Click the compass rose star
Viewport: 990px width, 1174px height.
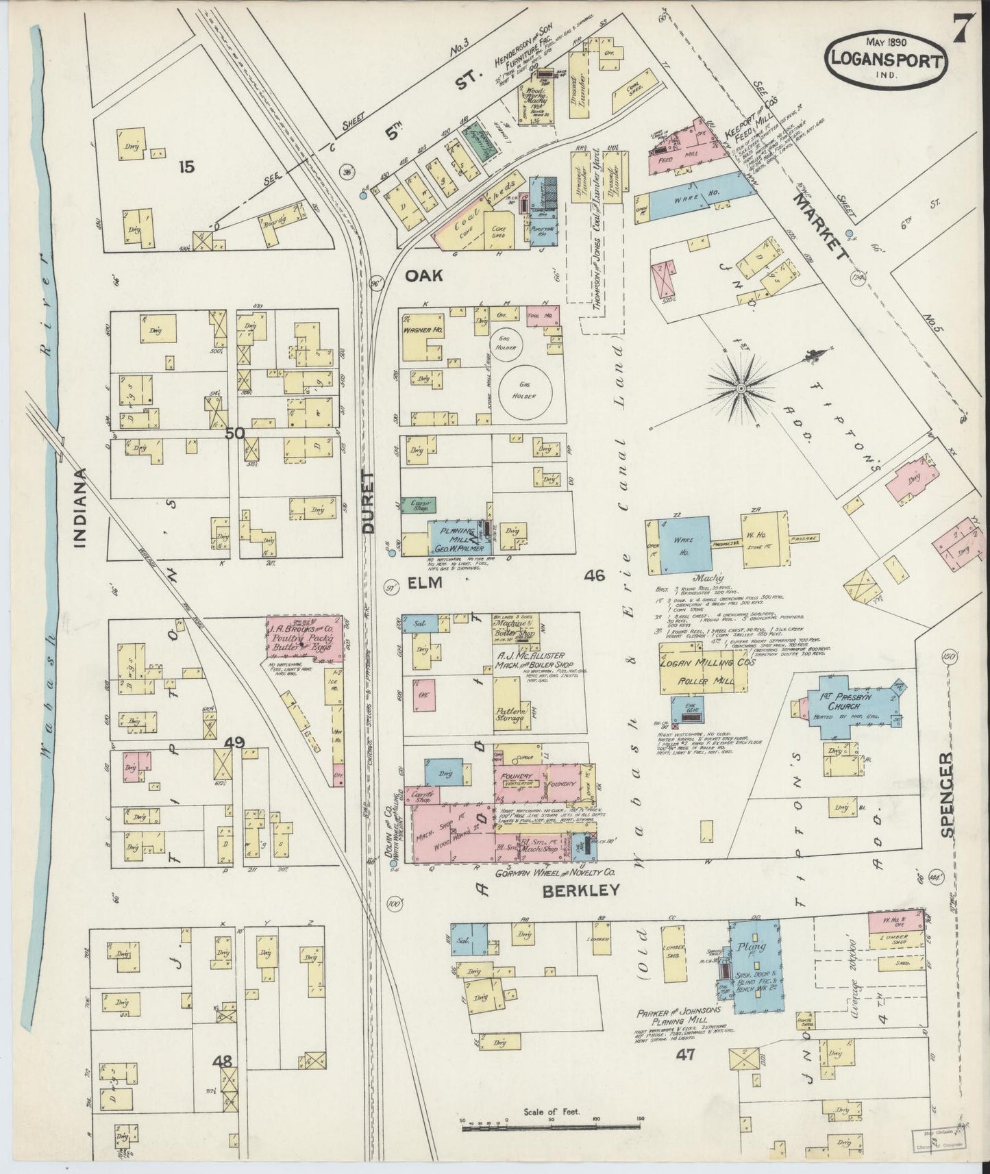pos(741,388)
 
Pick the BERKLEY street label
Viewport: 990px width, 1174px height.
pos(581,890)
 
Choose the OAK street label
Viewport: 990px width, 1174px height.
pos(424,275)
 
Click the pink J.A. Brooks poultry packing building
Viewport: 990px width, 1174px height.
pos(304,639)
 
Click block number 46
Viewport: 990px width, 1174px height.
pos(594,575)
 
